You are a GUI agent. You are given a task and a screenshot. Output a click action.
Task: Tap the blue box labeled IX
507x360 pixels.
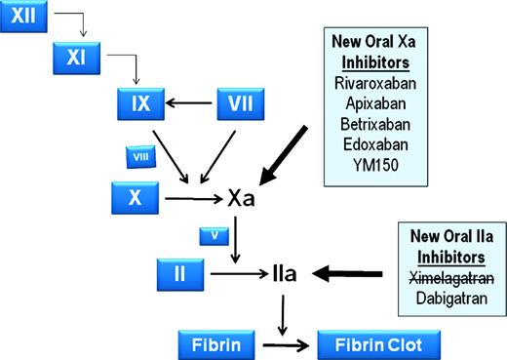pyautogui.click(x=139, y=101)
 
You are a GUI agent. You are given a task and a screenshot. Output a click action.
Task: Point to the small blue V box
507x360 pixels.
pyautogui.click(x=213, y=236)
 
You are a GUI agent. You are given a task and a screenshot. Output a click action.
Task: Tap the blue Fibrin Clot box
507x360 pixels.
pyautogui.click(x=378, y=344)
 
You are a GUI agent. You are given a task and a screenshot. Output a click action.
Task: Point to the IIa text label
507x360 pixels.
pyautogui.click(x=282, y=276)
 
